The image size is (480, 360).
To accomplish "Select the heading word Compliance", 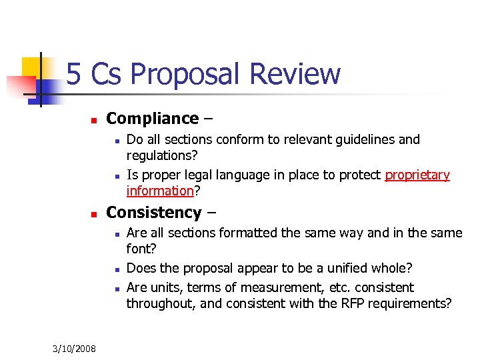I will (152, 119).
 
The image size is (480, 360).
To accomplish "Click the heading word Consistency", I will (153, 213).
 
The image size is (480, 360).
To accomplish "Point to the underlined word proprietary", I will (417, 175).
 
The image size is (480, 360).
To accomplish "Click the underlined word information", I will (159, 191).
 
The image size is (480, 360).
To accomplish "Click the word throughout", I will (157, 303).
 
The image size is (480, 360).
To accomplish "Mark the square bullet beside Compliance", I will (93, 121).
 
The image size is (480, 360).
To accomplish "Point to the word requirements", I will (418, 303).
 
